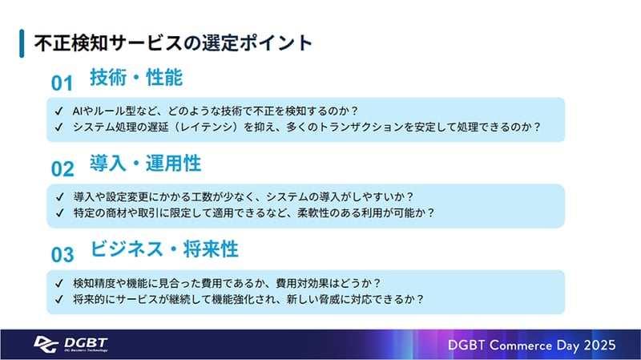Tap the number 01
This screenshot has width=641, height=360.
pyautogui.click(x=62, y=83)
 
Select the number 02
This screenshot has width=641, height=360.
pyautogui.click(x=62, y=168)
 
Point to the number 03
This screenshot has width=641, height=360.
pyautogui.click(x=62, y=254)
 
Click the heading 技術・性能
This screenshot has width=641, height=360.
pyautogui.click(x=136, y=79)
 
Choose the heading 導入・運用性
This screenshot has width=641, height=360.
pyautogui.click(x=145, y=164)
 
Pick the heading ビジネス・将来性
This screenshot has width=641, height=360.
pyautogui.click(x=164, y=249)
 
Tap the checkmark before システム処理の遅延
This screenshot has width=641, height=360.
pyautogui.click(x=59, y=127)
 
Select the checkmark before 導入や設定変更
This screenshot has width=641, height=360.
pyautogui.click(x=59, y=196)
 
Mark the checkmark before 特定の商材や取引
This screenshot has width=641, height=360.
pyautogui.click(x=59, y=212)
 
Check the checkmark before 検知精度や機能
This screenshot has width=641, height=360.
pyautogui.click(x=59, y=282)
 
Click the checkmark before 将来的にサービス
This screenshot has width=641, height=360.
pyautogui.click(x=59, y=299)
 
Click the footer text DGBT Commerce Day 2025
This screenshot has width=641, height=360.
pyautogui.click(x=531, y=344)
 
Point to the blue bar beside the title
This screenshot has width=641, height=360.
pyautogui.click(x=21, y=43)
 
